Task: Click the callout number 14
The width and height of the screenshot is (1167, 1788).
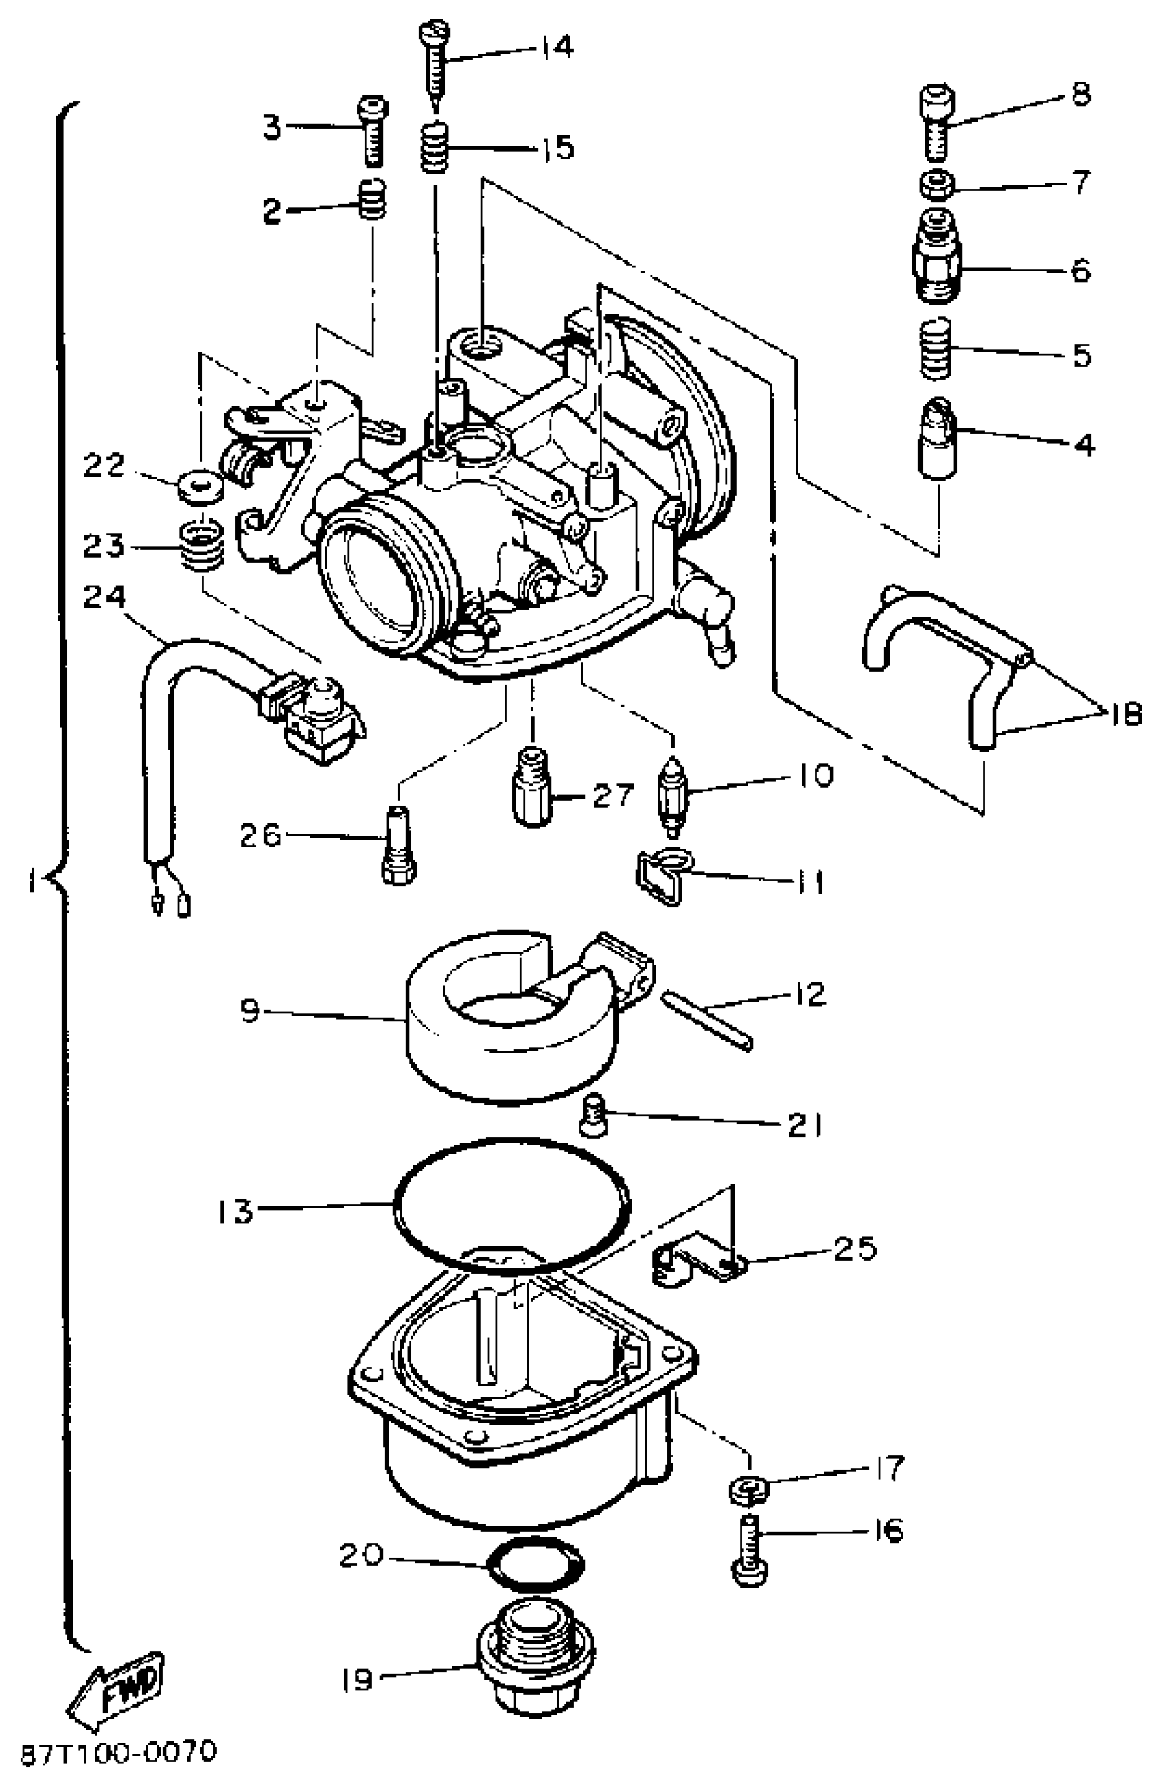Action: (557, 47)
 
